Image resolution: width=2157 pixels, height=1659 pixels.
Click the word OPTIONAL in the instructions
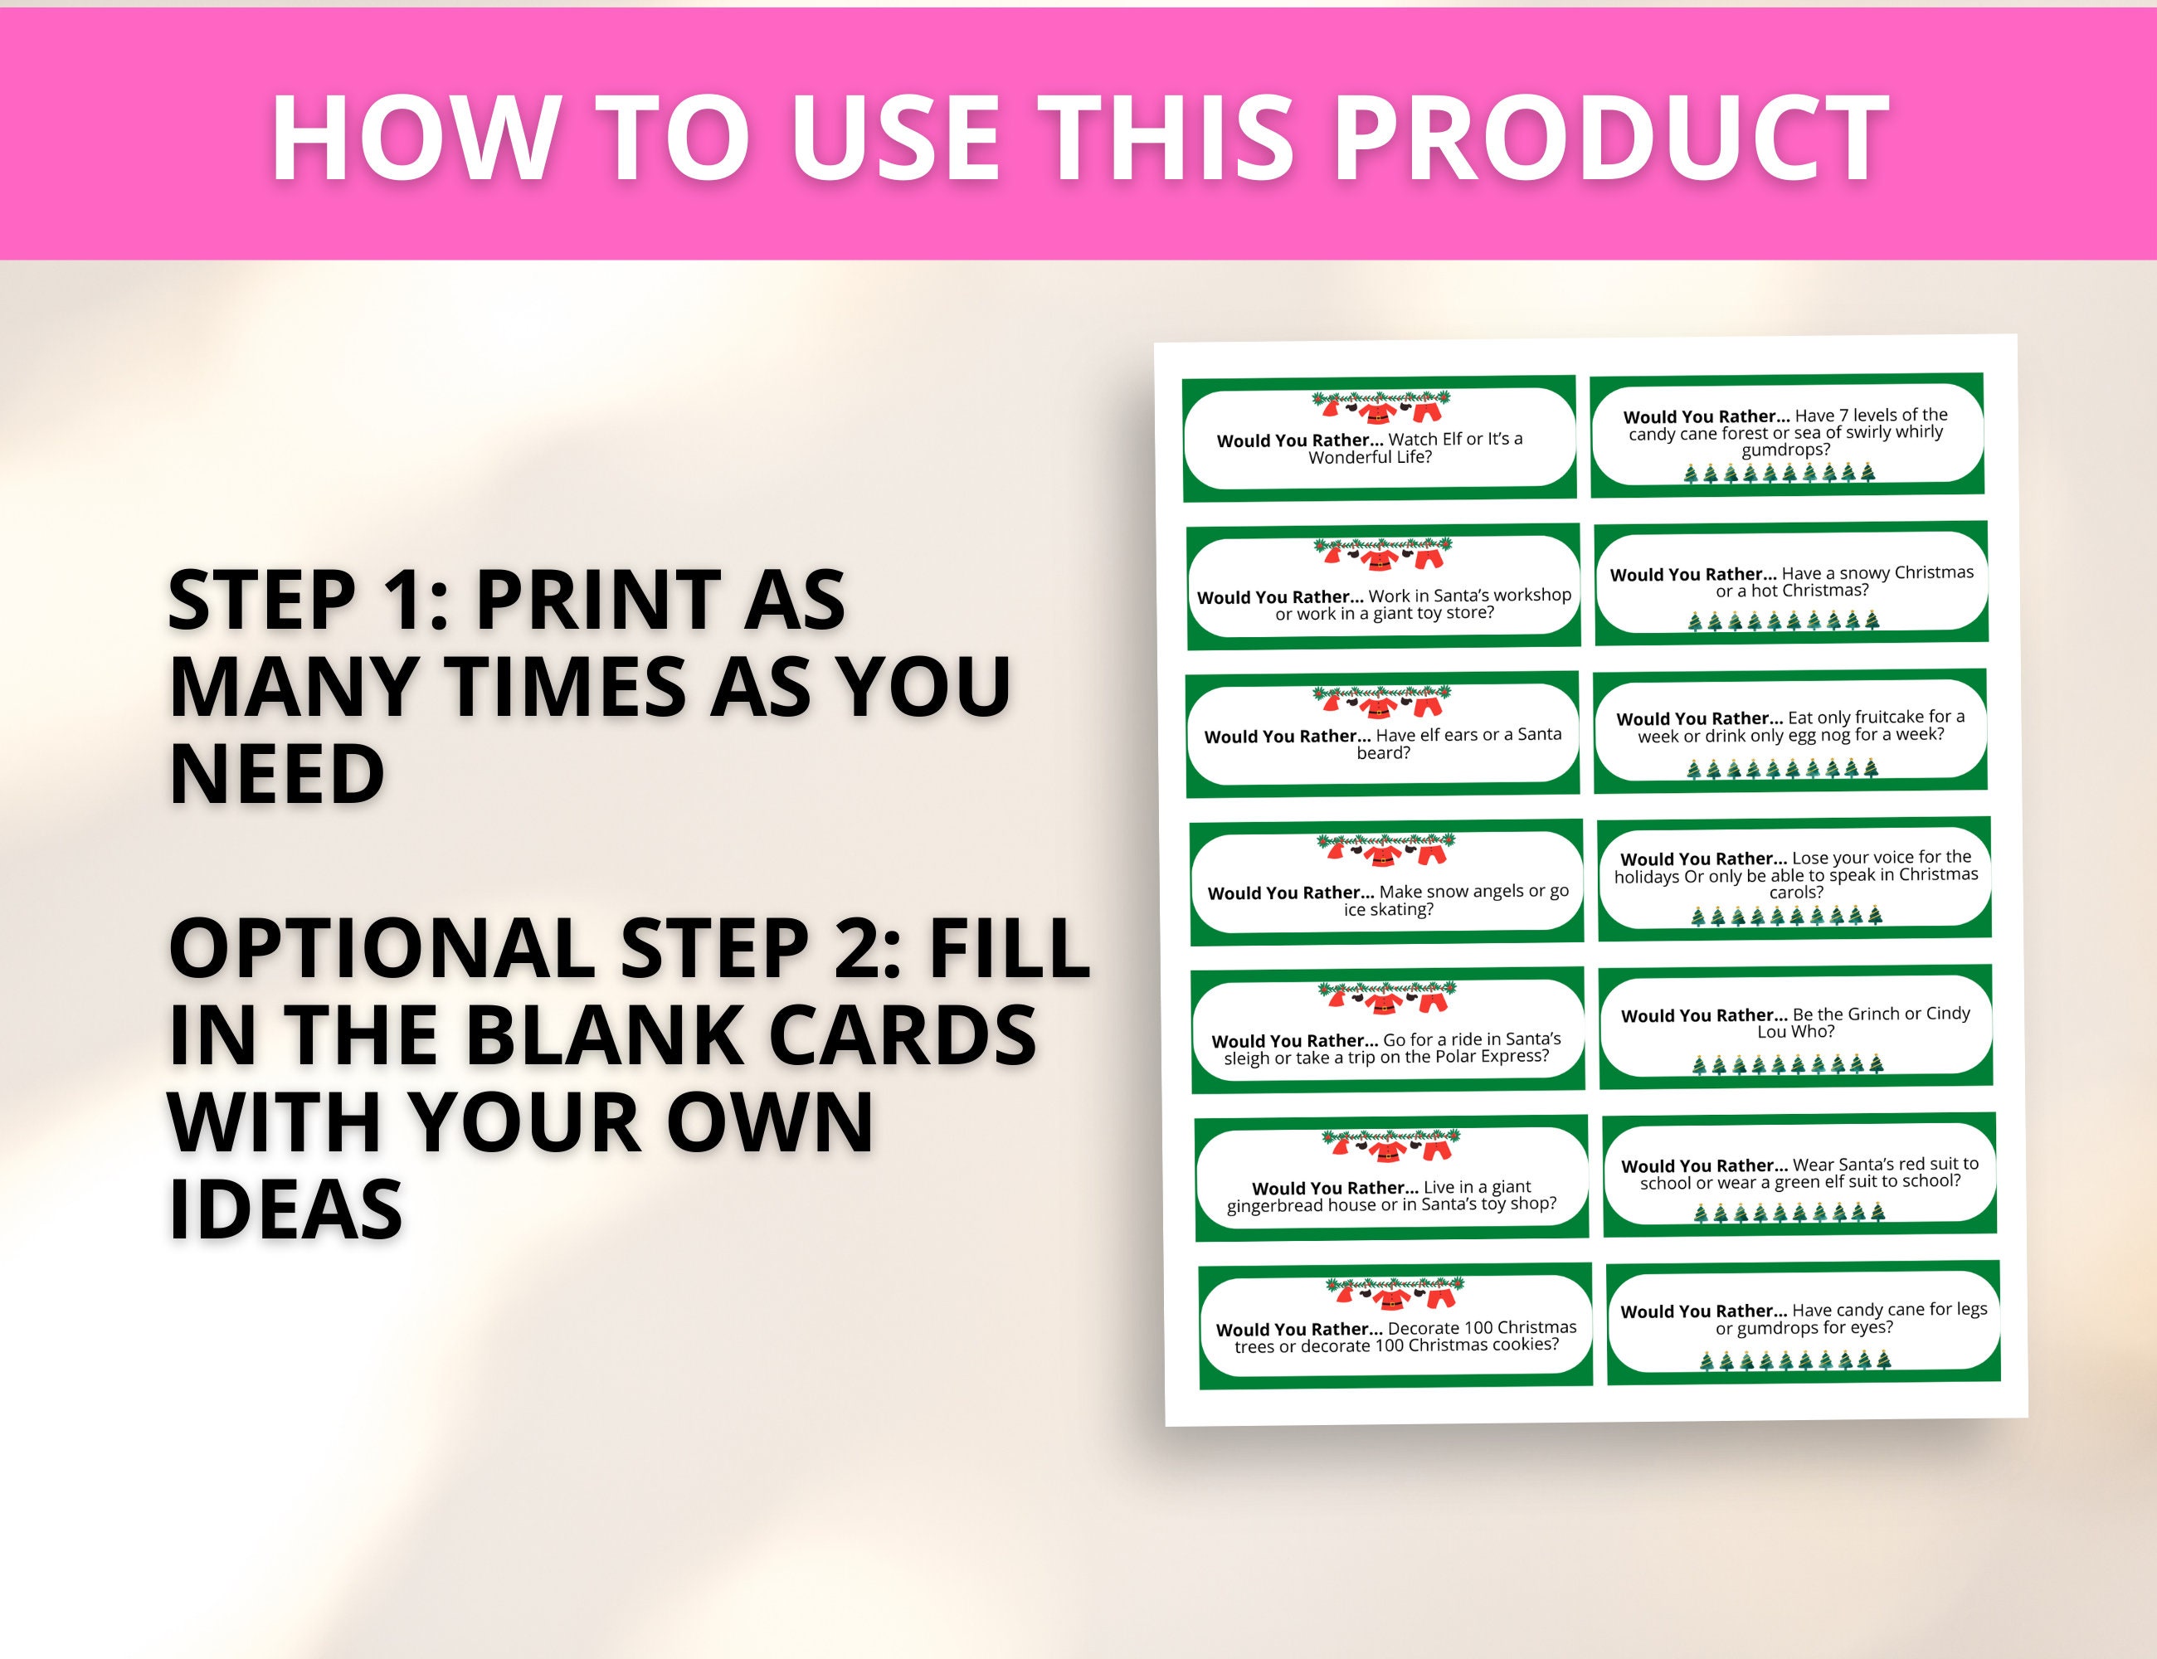point(382,947)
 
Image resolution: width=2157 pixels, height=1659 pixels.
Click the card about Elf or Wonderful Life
point(1380,439)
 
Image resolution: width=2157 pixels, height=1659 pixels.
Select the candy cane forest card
point(1787,435)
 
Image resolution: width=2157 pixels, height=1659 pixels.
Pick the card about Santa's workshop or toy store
point(1383,586)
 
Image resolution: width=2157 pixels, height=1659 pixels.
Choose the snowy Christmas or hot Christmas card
point(1790,582)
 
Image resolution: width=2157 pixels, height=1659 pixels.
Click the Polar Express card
point(1389,1031)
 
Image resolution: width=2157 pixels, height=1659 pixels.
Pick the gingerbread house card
point(1391,1178)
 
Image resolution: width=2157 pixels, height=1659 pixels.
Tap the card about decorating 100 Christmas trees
point(1395,1326)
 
